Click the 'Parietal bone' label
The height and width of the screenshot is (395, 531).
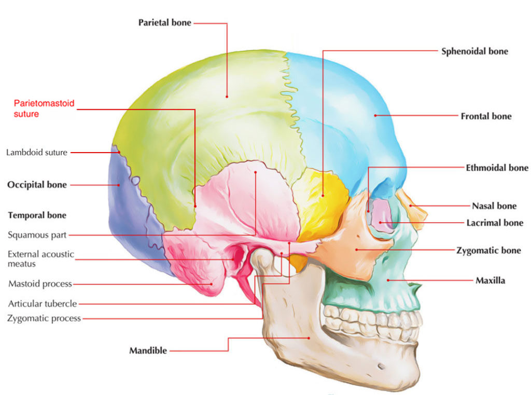[164, 23]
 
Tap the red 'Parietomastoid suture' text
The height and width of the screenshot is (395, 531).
[44, 108]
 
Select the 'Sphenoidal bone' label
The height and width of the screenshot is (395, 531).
[474, 51]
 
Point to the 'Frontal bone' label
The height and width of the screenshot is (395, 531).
[486, 116]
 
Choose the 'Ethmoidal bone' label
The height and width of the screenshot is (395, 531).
[497, 168]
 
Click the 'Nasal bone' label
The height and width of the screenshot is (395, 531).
[494, 206]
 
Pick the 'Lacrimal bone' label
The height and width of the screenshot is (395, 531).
[495, 223]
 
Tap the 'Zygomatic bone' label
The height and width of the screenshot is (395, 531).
[489, 250]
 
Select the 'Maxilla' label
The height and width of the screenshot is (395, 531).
[490, 281]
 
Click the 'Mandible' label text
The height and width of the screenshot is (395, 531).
[148, 351]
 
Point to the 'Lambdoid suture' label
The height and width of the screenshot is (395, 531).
[37, 153]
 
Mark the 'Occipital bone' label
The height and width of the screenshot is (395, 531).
[37, 185]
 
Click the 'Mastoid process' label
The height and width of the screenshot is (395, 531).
[40, 284]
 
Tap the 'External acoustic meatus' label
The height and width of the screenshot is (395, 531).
[41, 259]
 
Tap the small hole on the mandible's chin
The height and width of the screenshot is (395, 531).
[382, 366]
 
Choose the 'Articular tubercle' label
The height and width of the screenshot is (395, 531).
[43, 304]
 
